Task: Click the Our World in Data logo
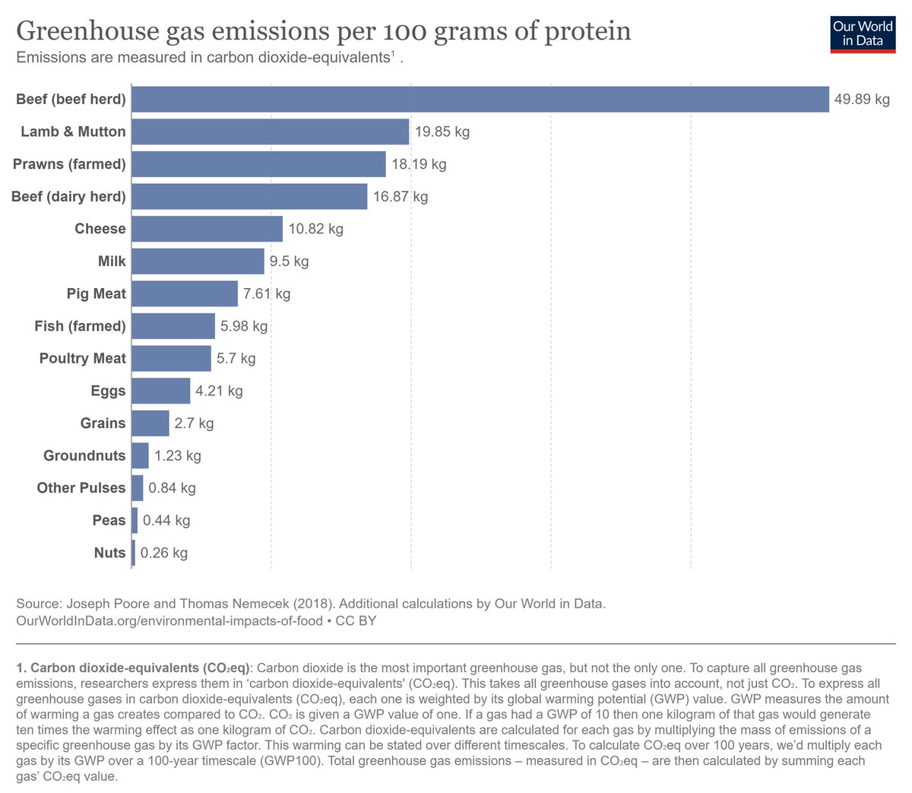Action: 863,33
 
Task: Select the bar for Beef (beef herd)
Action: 480,99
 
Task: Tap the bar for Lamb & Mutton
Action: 270,132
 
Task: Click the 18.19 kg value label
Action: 419,164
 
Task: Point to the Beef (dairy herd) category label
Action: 68,197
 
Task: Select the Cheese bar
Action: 207,229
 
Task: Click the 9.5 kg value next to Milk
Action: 289,262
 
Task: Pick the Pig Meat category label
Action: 96,293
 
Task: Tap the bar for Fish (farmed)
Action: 173,326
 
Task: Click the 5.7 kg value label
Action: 236,359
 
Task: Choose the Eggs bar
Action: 160,391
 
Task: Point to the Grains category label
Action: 103,423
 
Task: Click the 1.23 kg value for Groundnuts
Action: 177,456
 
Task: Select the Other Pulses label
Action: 81,488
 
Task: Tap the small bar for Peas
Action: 135,521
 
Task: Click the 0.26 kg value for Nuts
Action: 163,553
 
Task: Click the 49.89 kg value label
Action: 862,100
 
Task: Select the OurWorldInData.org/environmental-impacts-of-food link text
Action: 169,621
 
